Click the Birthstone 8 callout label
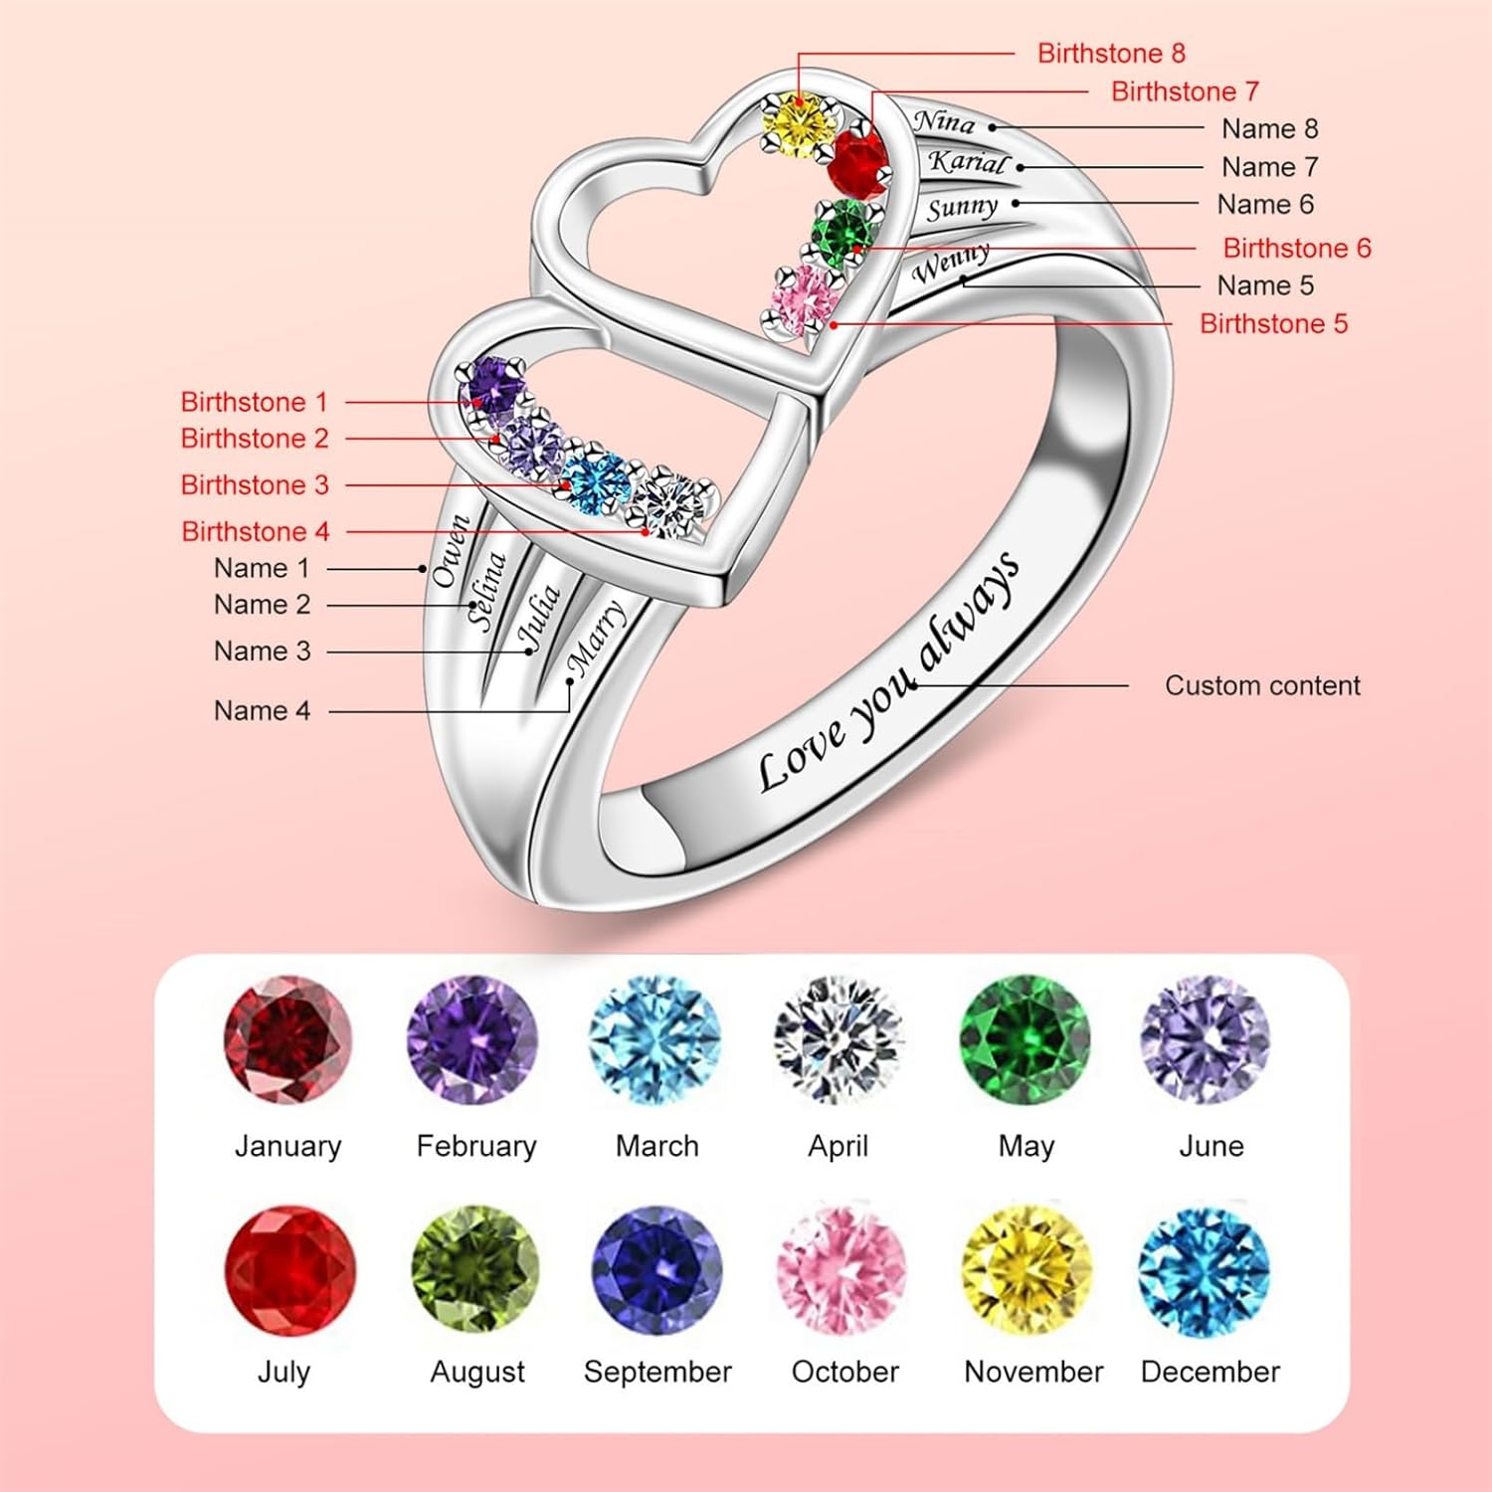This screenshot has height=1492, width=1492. pyautogui.click(x=1111, y=53)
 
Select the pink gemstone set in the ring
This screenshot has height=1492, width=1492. pyautogui.click(x=805, y=297)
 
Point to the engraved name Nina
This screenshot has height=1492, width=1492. pyautogui.click(x=945, y=121)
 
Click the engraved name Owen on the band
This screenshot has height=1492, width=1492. pyautogui.click(x=451, y=550)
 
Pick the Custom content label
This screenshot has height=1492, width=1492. pyautogui.click(x=1262, y=685)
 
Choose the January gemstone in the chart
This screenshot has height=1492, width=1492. pyautogui.click(x=287, y=1039)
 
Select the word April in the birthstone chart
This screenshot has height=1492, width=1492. pyautogui.click(x=838, y=1146)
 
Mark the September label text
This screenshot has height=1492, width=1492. pyautogui.click(x=657, y=1373)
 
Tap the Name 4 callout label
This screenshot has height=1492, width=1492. pyautogui.click(x=262, y=710)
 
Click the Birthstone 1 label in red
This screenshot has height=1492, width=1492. pyautogui.click(x=254, y=402)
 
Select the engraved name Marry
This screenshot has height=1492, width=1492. pyautogui.click(x=595, y=638)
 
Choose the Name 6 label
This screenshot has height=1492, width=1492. pyautogui.click(x=1265, y=204)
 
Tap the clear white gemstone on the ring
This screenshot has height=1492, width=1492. pyautogui.click(x=672, y=502)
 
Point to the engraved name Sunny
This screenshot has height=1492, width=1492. pyautogui.click(x=962, y=208)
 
